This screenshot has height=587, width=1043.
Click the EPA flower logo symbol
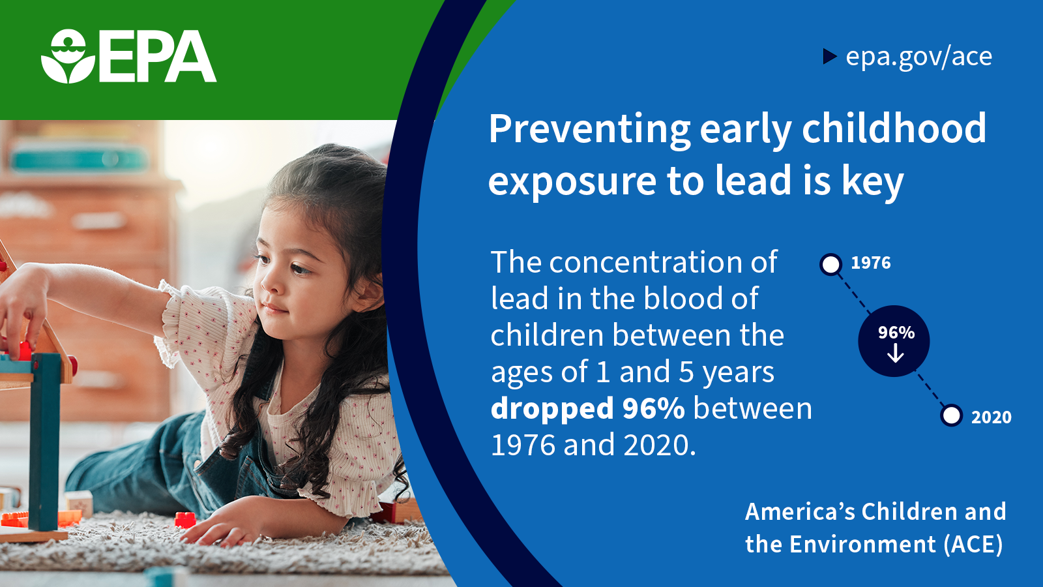pyautogui.click(x=68, y=56)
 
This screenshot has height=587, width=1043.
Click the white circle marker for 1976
pyautogui.click(x=830, y=265)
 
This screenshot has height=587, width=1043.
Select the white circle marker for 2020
pyautogui.click(x=951, y=415)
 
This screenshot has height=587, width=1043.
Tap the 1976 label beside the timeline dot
pyautogui.click(x=871, y=263)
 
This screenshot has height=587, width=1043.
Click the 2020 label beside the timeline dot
pyautogui.click(x=992, y=417)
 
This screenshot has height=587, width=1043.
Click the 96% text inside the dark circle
pyautogui.click(x=896, y=333)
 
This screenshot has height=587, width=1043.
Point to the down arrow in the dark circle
pyautogui.click(x=895, y=354)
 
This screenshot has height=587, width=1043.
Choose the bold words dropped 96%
pyautogui.click(x=587, y=408)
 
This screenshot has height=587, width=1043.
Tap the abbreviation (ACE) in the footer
pyautogui.click(x=973, y=545)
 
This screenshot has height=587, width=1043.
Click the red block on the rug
pyautogui.click(x=185, y=519)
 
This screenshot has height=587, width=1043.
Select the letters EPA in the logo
pyautogui.click(x=157, y=56)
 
